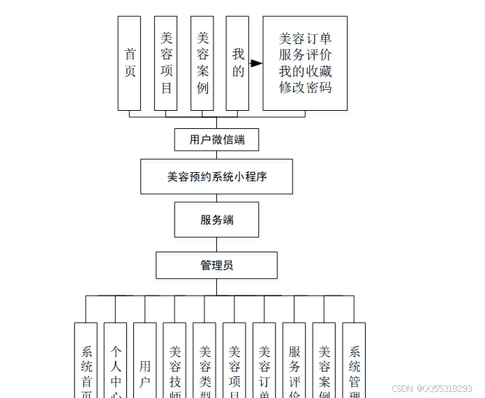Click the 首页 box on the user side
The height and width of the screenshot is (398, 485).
(x=129, y=63)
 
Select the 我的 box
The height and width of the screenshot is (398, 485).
(x=237, y=63)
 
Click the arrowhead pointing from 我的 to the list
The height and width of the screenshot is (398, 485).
(x=256, y=63)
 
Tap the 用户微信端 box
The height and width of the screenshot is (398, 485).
(x=216, y=139)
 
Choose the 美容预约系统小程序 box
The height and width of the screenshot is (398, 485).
(x=216, y=176)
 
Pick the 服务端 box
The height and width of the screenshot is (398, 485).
(x=216, y=220)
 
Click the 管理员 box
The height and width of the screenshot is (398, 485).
(x=216, y=266)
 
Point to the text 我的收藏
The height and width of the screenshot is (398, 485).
(x=305, y=71)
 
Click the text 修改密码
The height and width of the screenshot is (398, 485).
(x=305, y=88)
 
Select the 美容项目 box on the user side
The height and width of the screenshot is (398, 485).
(x=166, y=63)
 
